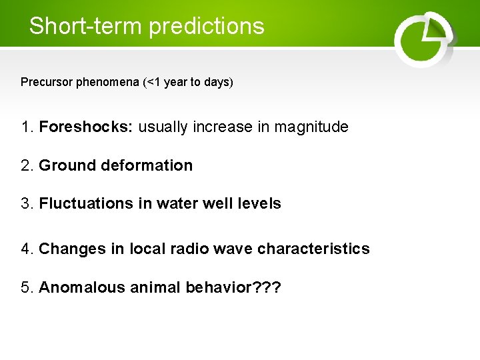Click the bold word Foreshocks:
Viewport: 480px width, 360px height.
[x=87, y=127]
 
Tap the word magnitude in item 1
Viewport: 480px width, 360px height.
[x=312, y=127]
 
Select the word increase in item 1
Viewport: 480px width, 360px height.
[x=223, y=127]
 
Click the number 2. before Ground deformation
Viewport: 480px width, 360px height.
[x=27, y=165]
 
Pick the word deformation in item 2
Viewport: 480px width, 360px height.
[x=147, y=165]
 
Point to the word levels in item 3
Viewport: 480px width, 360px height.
[x=256, y=203]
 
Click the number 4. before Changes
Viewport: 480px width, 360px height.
[x=27, y=249]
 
